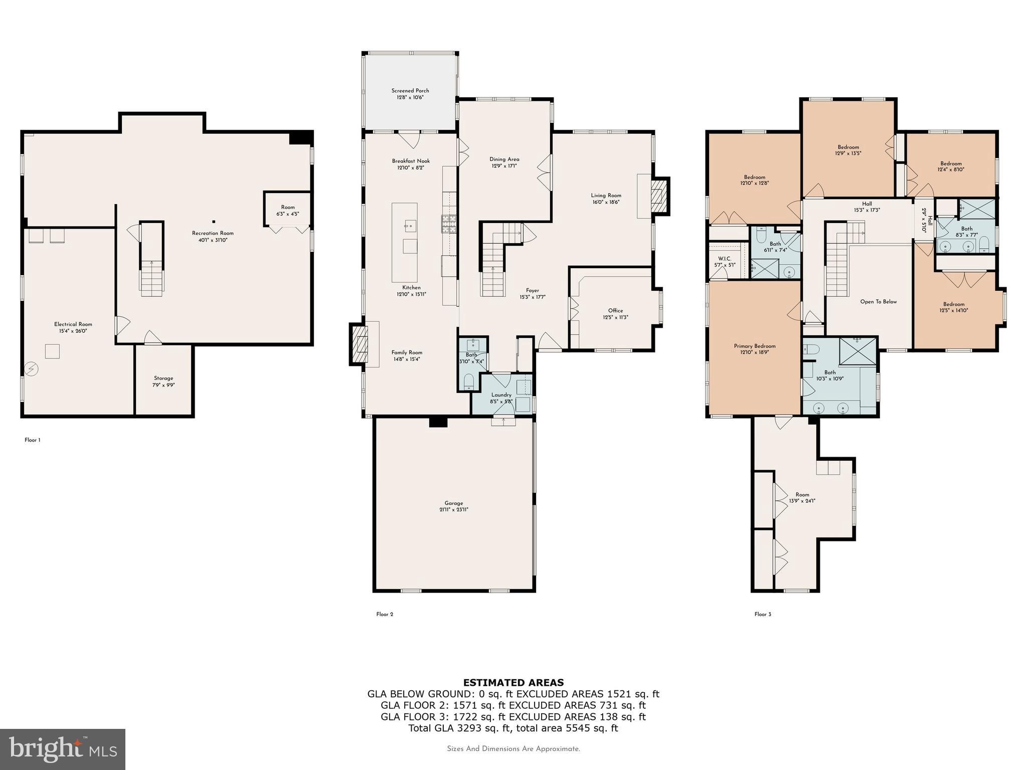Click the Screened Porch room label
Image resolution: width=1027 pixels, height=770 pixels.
410,91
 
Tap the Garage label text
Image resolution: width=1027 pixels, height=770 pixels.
453,503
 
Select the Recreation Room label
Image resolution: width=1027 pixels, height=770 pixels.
213,233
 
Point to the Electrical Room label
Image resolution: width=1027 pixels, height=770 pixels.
73,324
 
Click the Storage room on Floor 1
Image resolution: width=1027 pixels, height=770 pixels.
163,381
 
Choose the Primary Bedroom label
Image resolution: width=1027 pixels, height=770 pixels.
754,346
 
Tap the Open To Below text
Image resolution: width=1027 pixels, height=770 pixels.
878,302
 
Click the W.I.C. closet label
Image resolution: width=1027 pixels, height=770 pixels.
725,259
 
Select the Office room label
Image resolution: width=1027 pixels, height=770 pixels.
615,310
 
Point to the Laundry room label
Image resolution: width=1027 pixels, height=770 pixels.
501,395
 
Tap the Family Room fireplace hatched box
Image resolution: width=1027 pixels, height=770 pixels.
359,344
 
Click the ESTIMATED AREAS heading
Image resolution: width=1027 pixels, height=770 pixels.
513,682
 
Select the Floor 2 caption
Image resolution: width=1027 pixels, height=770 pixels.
385,614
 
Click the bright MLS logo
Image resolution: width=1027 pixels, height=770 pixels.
62,749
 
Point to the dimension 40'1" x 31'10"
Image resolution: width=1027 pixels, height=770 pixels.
213,240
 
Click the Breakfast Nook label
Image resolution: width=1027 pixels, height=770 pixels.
411,161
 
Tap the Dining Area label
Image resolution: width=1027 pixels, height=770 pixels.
504,159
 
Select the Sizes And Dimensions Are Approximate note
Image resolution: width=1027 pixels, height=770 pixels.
513,749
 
